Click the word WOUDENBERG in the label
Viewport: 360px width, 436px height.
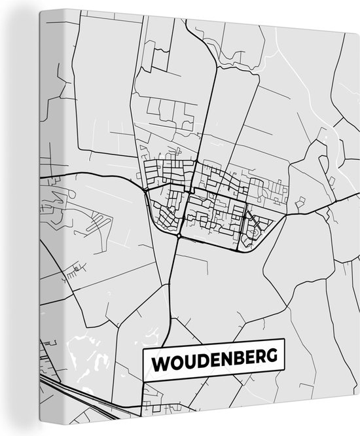coord(214,359)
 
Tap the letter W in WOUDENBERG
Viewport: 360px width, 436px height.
coord(160,359)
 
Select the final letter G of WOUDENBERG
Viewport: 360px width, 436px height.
coord(270,359)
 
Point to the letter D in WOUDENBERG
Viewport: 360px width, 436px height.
coord(198,359)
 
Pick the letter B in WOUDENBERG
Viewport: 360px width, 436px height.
coord(234,359)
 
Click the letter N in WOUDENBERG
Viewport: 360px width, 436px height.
coord(223,359)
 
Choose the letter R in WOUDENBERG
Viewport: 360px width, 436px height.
coord(258,359)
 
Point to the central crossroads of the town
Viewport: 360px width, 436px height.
coord(190,192)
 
